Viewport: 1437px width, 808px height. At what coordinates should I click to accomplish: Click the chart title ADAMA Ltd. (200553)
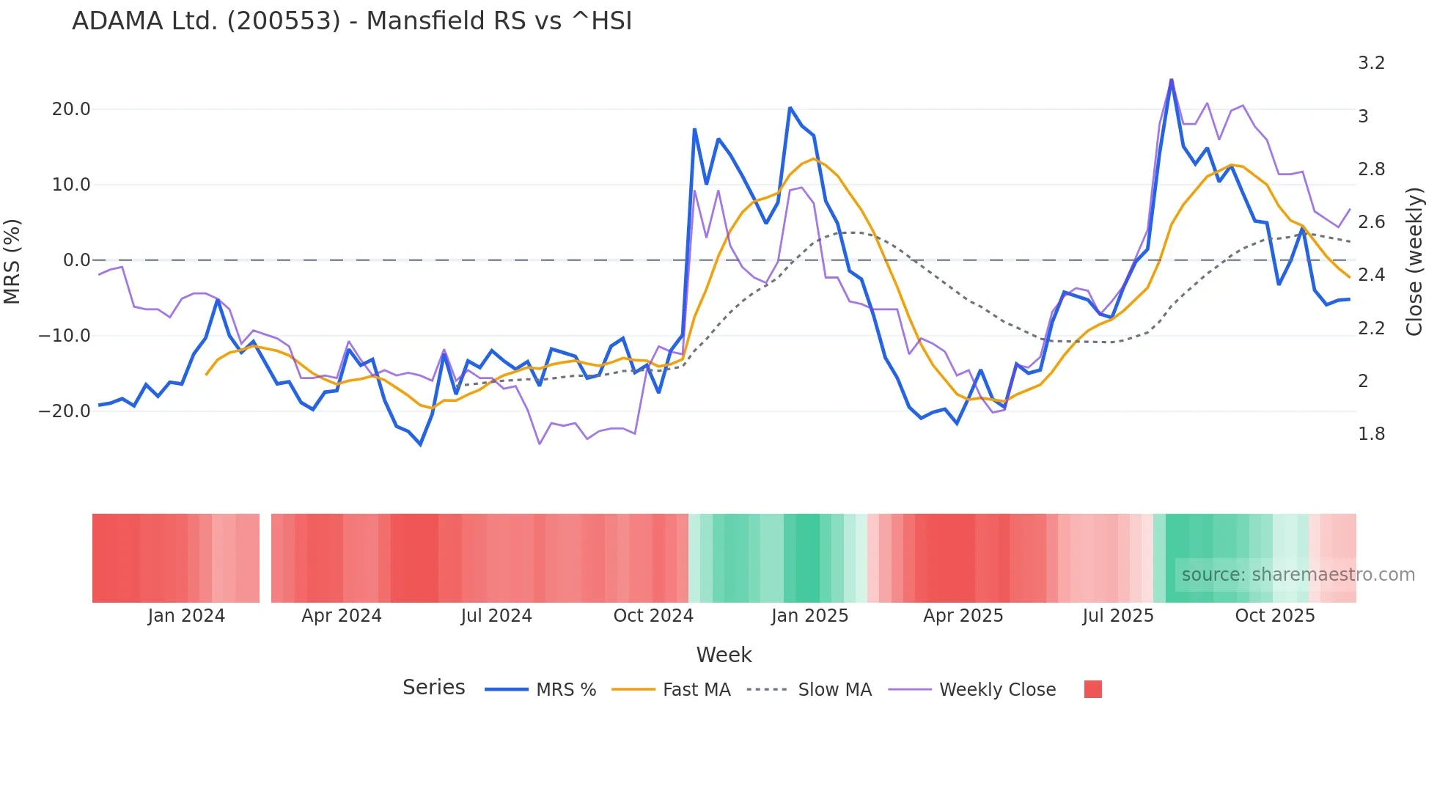[x=352, y=21]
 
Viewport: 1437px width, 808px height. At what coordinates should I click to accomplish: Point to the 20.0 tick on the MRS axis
[x=71, y=109]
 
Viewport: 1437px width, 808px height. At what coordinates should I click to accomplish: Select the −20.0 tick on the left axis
[x=65, y=411]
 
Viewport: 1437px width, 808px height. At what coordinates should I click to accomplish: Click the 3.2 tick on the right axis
[x=1371, y=63]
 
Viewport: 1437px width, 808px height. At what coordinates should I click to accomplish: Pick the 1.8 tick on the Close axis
[x=1371, y=434]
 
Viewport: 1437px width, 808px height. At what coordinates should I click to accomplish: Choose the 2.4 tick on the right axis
[x=1371, y=275]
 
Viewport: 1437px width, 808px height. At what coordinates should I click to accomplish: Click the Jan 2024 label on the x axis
[x=186, y=616]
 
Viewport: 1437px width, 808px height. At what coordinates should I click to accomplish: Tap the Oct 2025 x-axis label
[x=1275, y=616]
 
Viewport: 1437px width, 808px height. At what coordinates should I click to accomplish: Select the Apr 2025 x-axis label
[x=963, y=616]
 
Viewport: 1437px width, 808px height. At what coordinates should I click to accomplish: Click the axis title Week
[x=724, y=655]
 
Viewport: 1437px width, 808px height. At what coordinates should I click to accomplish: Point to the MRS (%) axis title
[x=12, y=261]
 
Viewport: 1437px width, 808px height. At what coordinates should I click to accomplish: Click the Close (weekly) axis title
[x=1414, y=261]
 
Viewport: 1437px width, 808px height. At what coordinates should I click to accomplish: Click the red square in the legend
[x=1092, y=689]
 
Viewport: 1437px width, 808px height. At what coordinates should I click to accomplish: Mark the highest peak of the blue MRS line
[x=1171, y=80]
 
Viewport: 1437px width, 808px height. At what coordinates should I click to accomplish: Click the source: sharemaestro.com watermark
[x=1298, y=575]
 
